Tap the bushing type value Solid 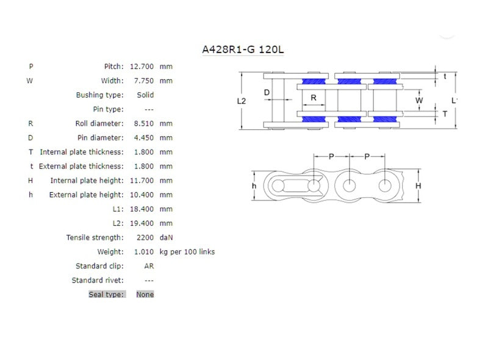(145, 95)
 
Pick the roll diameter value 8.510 (144, 123)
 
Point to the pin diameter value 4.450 (144, 138)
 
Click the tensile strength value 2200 (147, 237)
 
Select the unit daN (167, 237)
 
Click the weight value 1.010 (144, 251)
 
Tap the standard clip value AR (148, 266)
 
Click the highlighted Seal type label (107, 294)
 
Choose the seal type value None (145, 294)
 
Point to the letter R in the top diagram (314, 97)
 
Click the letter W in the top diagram (418, 100)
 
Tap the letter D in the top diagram (267, 92)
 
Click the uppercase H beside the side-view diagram (418, 185)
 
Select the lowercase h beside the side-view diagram (254, 185)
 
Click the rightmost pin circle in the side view (385, 185)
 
